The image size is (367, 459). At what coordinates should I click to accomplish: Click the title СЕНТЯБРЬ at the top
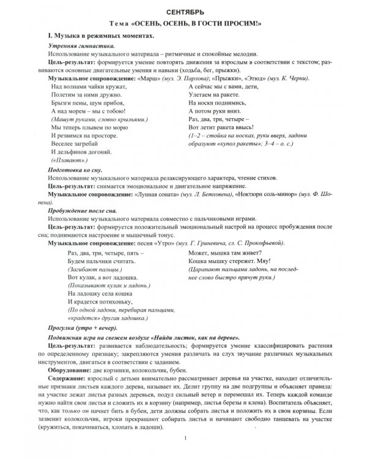tap(184, 12)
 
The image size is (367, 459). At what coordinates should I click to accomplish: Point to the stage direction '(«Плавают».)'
tap(70, 159)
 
